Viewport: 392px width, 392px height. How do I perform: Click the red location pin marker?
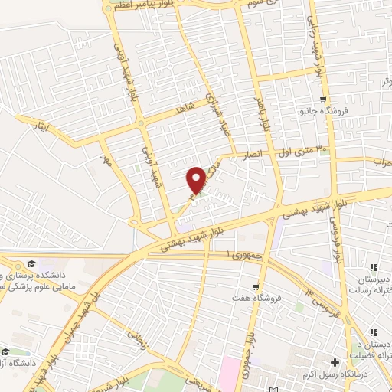pos(198,179)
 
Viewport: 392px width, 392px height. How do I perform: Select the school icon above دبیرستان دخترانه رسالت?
pos(374,267)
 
